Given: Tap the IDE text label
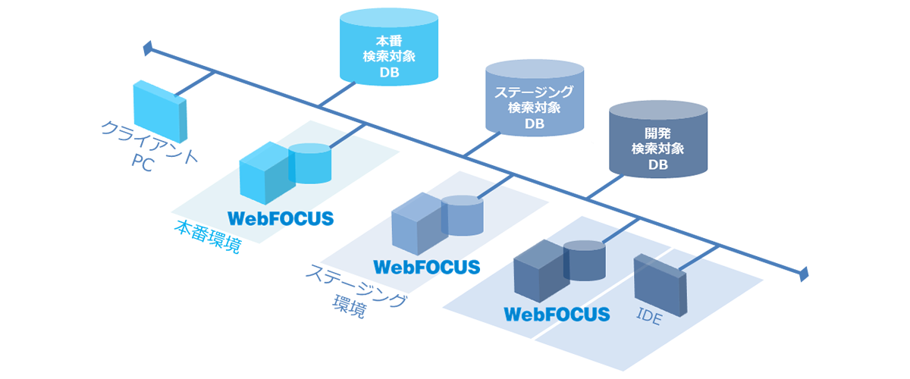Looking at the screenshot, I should tap(649, 317).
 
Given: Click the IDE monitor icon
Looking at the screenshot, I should tap(661, 287).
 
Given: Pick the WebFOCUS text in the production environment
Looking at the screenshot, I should tap(281, 218).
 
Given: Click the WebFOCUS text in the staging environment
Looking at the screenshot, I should tap(426, 267).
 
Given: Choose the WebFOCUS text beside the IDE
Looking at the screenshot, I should tap(557, 314).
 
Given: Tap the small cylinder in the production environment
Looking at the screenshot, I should tap(311, 163).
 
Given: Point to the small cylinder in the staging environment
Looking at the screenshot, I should tap(463, 215).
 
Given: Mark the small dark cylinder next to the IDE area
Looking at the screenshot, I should tap(585, 261).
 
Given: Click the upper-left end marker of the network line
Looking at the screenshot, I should tap(149, 50).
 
